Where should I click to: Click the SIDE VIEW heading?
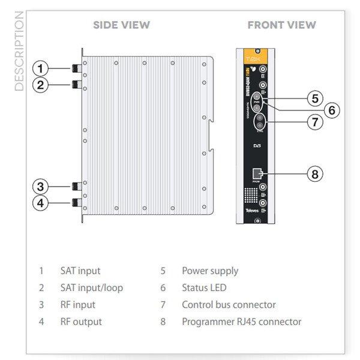click(122, 25)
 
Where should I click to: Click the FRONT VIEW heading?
click(281, 25)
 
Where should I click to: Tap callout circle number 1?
click(40, 67)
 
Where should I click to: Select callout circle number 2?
click(40, 84)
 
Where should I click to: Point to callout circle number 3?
click(40, 185)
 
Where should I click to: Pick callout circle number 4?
click(40, 203)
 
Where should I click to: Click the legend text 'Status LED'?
click(204, 287)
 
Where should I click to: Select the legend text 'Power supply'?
click(210, 271)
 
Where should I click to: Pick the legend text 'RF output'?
click(81, 322)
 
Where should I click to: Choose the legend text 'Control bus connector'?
click(229, 305)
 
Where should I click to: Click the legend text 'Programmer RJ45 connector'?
click(241, 322)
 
